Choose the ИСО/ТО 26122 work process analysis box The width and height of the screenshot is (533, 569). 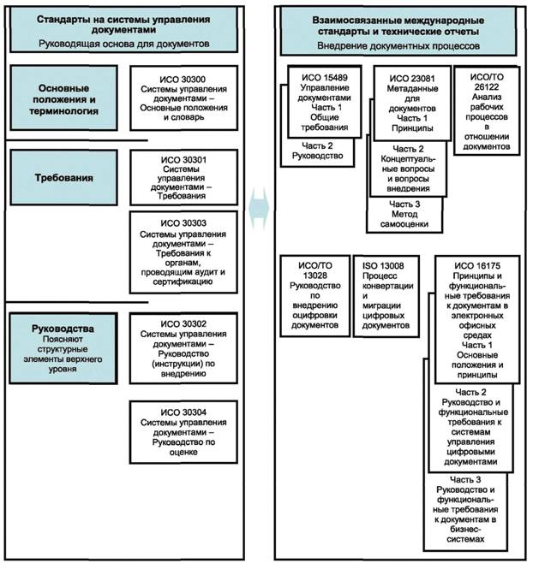pos(486,111)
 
